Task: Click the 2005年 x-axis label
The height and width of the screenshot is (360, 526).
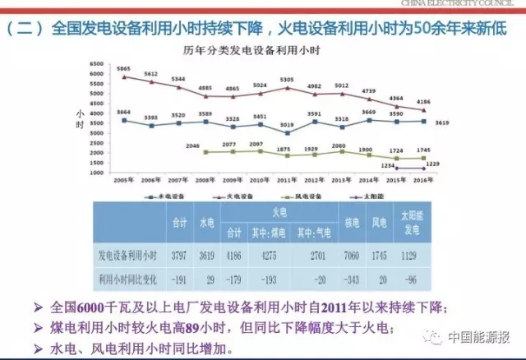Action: [x=123, y=181]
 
